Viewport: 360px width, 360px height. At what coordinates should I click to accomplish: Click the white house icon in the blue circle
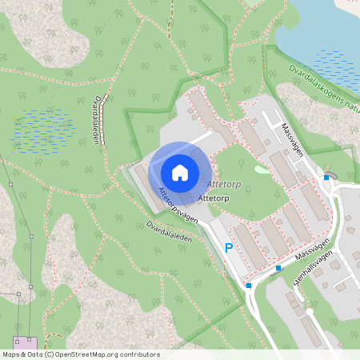tap(180, 172)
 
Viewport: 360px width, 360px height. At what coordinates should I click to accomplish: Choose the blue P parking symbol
tap(228, 249)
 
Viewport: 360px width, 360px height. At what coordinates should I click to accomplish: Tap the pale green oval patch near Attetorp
tap(262, 169)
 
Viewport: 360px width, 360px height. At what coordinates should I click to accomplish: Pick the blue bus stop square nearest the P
tap(249, 286)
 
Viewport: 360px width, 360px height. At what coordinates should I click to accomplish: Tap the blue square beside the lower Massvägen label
tap(278, 268)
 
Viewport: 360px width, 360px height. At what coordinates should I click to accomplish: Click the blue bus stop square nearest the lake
tap(326, 178)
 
